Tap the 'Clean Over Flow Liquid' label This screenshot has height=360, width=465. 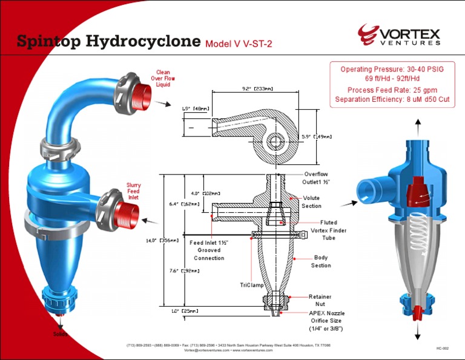click(x=163, y=79)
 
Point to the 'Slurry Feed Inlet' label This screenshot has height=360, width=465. click(x=133, y=192)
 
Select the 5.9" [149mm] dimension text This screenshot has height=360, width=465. click(x=317, y=136)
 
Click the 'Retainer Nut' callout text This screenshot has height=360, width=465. click(x=320, y=300)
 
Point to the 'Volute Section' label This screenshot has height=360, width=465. click(x=312, y=202)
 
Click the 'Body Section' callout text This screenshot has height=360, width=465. click(x=321, y=261)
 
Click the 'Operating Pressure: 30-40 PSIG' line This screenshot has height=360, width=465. click(x=392, y=69)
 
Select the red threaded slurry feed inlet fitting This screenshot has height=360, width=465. click(x=127, y=212)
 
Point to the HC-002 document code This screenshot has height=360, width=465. click(x=442, y=348)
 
